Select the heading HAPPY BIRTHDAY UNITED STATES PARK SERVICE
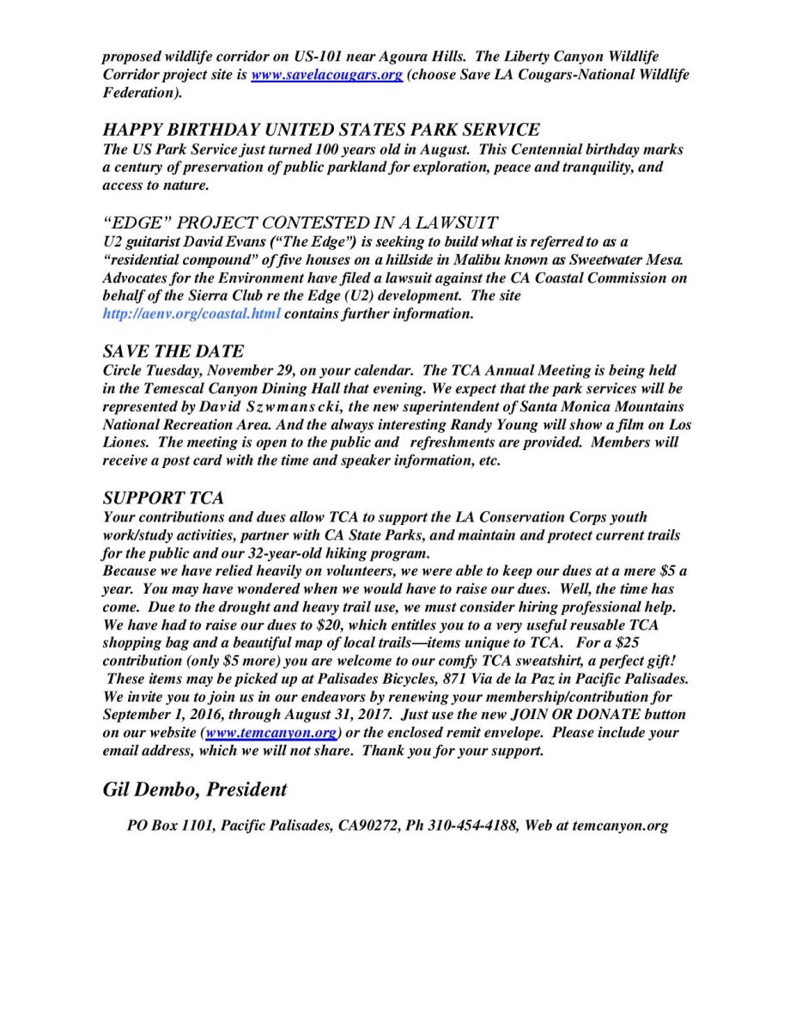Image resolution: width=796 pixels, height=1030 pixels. [321, 130]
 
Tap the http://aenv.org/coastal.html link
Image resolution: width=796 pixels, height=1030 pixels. [191, 314]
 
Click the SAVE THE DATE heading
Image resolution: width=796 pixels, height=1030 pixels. [173, 351]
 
